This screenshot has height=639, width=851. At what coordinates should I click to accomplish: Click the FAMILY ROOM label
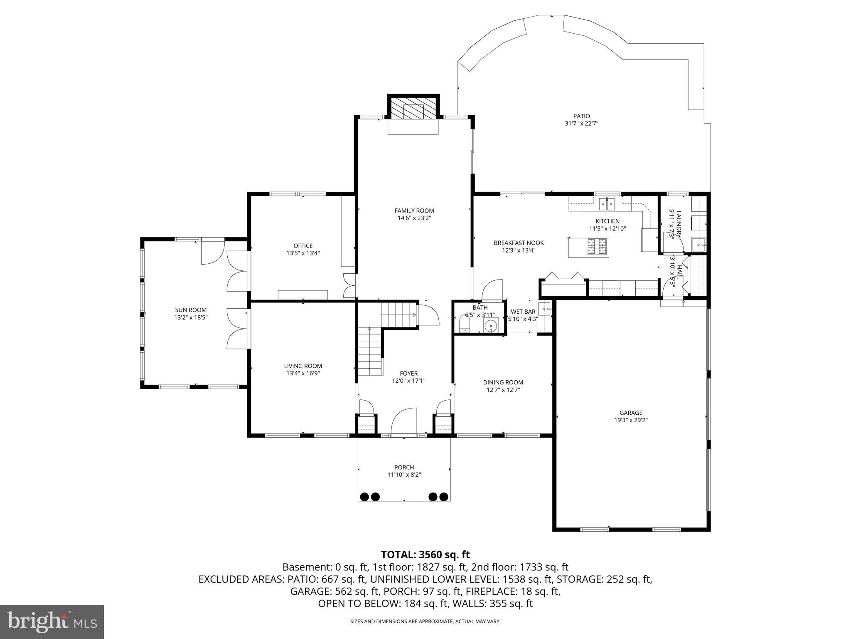[x=414, y=211]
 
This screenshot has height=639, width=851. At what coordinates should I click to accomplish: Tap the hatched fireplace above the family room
[x=413, y=109]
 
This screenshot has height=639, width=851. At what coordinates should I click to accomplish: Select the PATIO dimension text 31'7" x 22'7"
[x=581, y=124]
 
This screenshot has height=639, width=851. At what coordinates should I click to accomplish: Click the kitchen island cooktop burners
[x=597, y=246]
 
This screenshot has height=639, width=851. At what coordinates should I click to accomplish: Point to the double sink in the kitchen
[x=607, y=204]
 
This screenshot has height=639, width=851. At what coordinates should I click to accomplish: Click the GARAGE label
[x=631, y=413]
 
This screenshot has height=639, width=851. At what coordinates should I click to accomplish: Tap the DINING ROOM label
[x=503, y=382]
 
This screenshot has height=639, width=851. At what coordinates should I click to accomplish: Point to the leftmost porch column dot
[x=365, y=496]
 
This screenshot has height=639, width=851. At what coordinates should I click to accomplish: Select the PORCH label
[x=404, y=467]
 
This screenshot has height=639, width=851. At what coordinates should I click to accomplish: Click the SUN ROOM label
[x=191, y=310]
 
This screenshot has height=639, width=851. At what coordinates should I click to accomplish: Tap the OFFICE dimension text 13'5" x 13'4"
[x=303, y=253]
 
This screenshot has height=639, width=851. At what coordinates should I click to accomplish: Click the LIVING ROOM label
[x=303, y=366]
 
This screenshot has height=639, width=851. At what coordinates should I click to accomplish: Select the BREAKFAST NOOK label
[x=519, y=243]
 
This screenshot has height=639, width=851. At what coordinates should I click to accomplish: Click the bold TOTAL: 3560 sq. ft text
[x=425, y=555]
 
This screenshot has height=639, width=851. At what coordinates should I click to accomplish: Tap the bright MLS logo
[x=52, y=622]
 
